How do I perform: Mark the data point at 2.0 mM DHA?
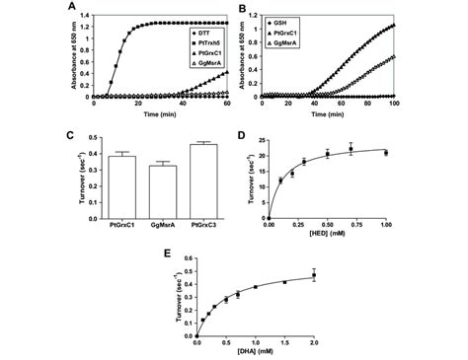pyautogui.click(x=313, y=275)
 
